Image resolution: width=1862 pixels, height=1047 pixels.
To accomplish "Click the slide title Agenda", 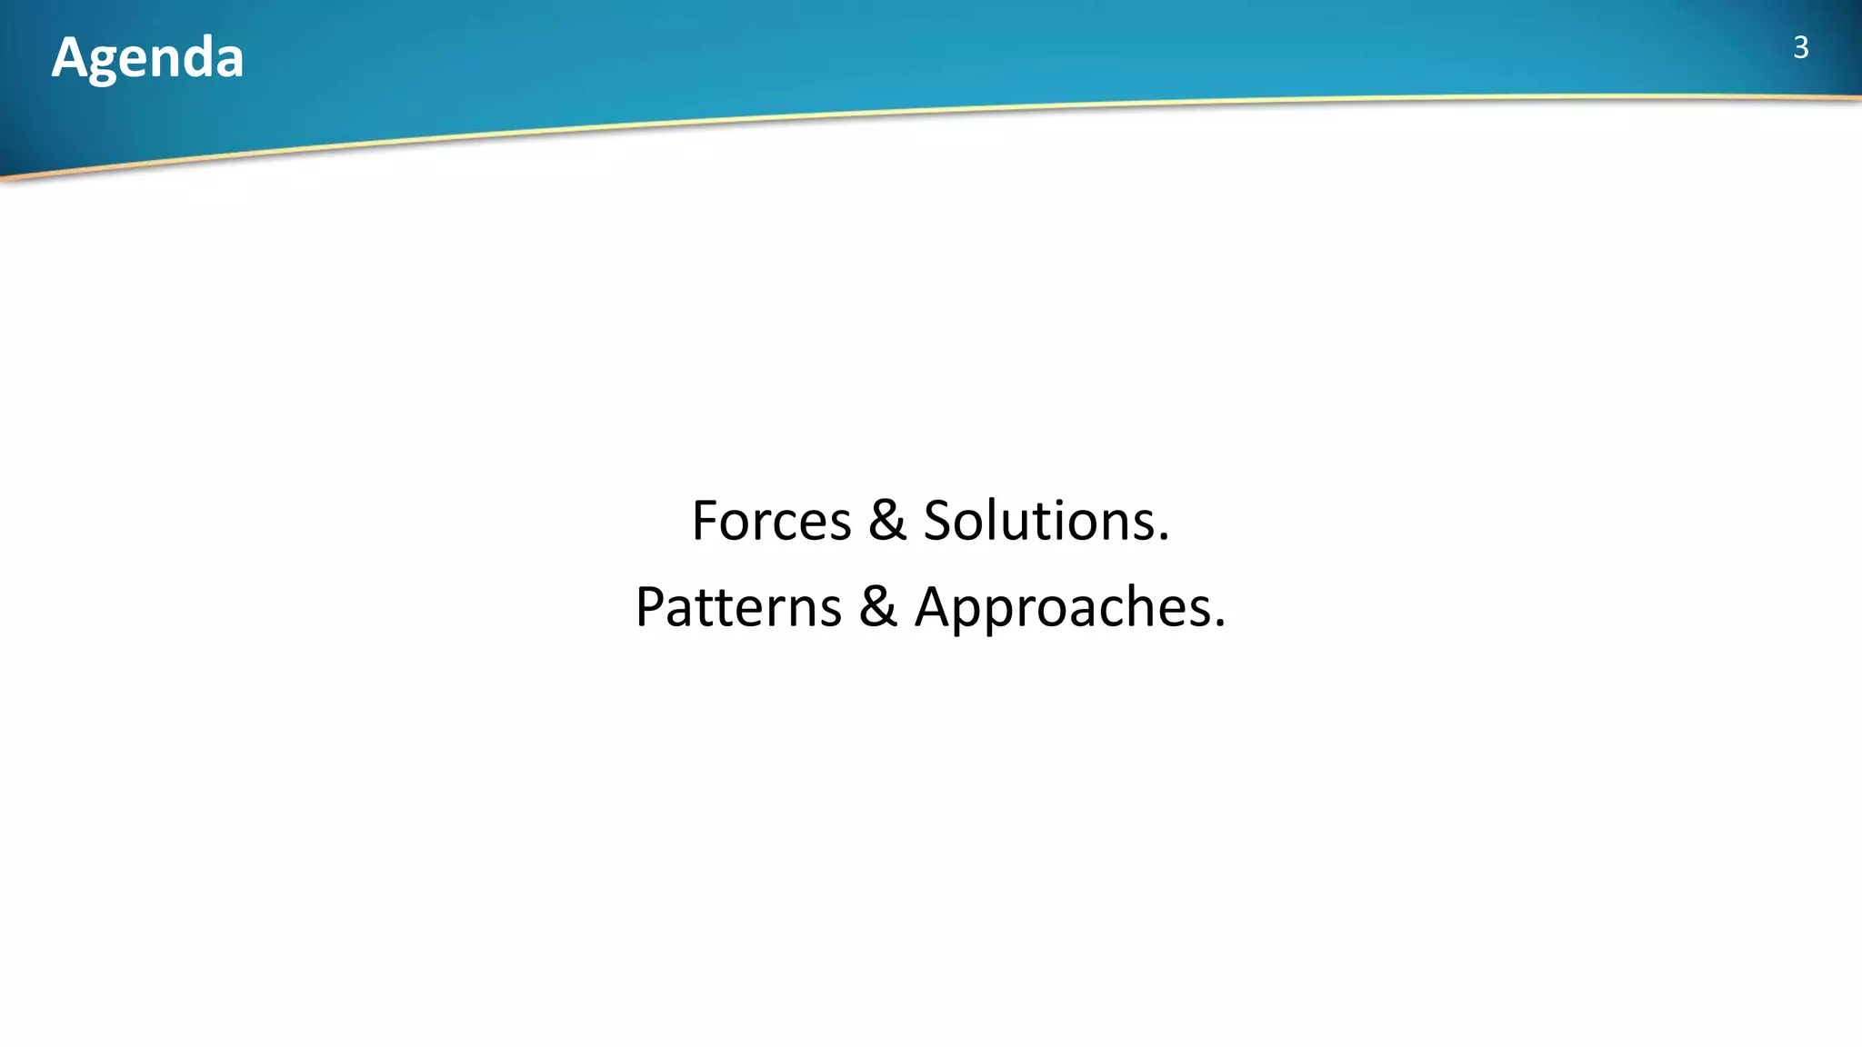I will pos(147,57).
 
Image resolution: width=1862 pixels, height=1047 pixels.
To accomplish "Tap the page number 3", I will pos(1800,47).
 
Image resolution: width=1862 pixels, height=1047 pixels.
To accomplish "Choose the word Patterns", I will pos(737,607).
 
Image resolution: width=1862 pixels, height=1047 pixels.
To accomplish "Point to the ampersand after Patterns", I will pos(877,607).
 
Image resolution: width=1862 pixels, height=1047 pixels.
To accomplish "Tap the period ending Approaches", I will pos(1219,625).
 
